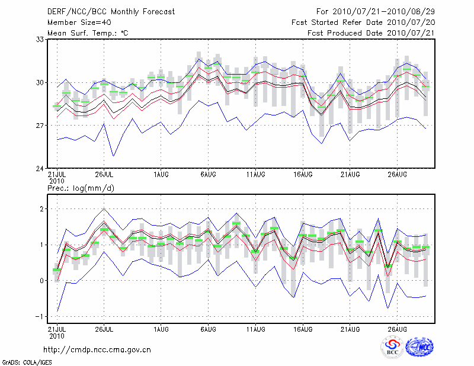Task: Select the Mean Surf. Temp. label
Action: click(88, 33)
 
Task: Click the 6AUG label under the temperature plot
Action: click(207, 175)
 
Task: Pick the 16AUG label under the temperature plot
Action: click(303, 175)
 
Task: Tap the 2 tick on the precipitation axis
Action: click(42, 209)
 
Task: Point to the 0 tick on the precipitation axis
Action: click(42, 281)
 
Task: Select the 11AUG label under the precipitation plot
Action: click(255, 329)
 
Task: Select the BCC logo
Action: click(392, 348)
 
